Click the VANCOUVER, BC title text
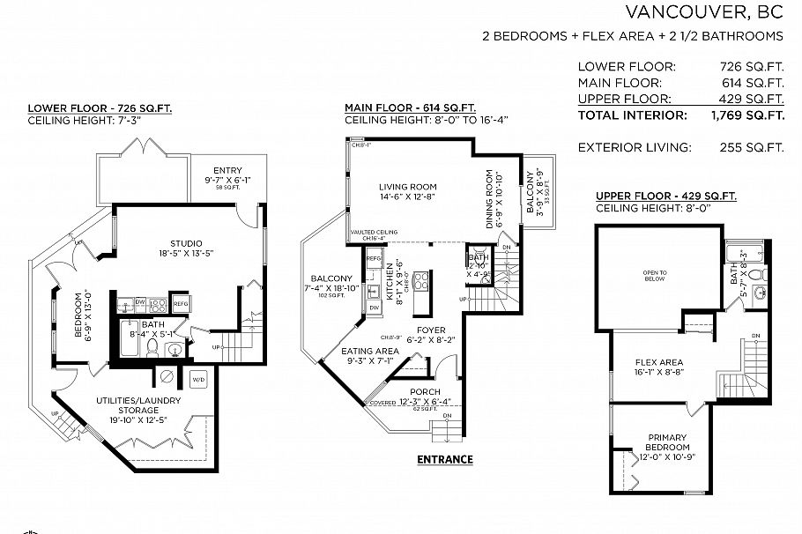coord(703,12)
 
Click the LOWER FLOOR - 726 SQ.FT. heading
coord(100,108)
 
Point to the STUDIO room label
coord(186,244)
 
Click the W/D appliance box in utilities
coord(198,379)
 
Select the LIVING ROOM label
coord(408,187)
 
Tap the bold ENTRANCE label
coord(444,459)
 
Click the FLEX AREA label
coord(659,361)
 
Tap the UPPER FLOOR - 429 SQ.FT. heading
coord(665,196)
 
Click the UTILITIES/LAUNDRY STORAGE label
coord(138,405)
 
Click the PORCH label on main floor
coord(425,392)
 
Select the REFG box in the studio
coord(181,303)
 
